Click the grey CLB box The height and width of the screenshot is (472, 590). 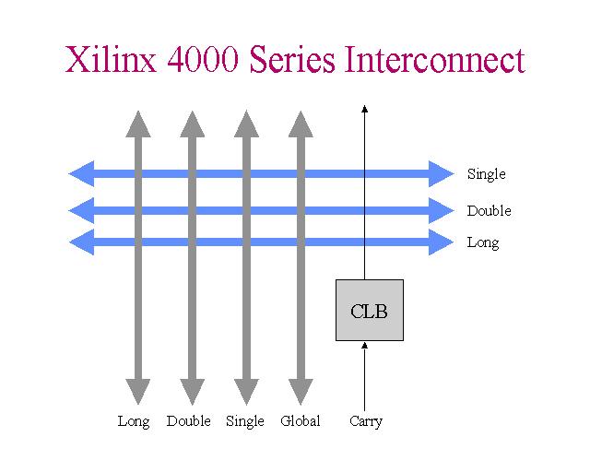pos(369,311)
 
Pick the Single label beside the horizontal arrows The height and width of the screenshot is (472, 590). pos(486,174)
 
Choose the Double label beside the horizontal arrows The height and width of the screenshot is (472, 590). pos(489,211)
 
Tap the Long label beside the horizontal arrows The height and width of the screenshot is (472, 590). pos(483,243)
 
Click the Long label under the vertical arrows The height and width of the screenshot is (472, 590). pos(134,421)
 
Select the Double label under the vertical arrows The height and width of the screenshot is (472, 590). pos(189,421)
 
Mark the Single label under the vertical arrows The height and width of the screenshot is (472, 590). pos(245,421)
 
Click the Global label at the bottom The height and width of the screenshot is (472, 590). pos(301,421)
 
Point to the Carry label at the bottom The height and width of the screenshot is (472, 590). pos(366,421)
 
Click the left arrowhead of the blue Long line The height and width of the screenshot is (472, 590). pos(81,242)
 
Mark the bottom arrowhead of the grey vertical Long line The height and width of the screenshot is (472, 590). pos(137,394)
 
